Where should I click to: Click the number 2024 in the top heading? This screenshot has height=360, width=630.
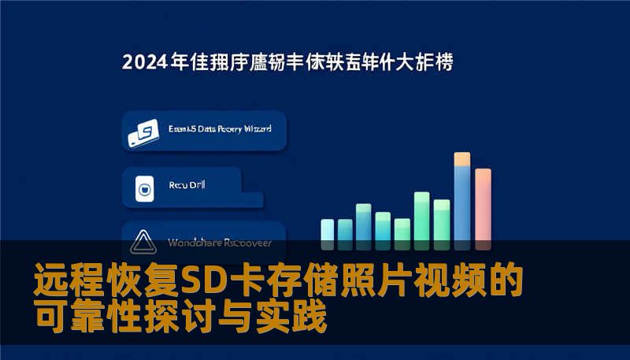click(144, 63)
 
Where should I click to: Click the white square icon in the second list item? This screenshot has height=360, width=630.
click(144, 188)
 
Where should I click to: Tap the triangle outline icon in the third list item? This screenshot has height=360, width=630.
click(144, 239)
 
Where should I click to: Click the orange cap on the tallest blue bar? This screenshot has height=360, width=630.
click(462, 159)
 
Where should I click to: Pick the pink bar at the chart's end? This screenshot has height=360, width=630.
click(483, 205)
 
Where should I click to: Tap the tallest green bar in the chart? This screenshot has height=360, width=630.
click(422, 216)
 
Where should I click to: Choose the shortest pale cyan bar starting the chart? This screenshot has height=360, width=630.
click(328, 229)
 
